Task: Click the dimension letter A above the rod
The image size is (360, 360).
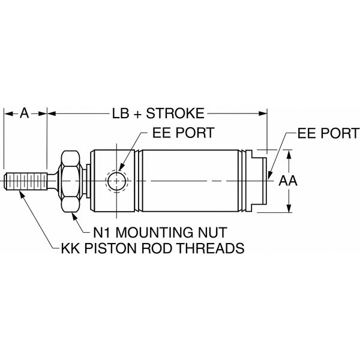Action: [25, 112]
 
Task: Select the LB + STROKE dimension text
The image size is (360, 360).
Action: [158, 112]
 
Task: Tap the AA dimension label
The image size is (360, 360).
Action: [290, 180]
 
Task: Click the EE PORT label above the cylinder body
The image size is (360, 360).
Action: [183, 132]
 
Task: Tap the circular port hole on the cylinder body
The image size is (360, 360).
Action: [116, 180]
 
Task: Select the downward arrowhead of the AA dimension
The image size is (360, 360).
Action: [289, 208]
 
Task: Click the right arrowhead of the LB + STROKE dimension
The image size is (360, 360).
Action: [262, 112]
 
